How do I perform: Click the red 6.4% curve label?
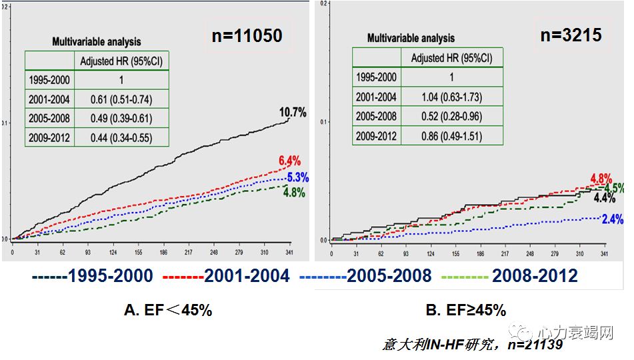click(289, 161)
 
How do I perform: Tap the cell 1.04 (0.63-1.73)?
click(453, 97)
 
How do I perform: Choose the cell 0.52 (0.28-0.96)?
click(453, 117)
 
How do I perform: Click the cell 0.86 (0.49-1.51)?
click(453, 136)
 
